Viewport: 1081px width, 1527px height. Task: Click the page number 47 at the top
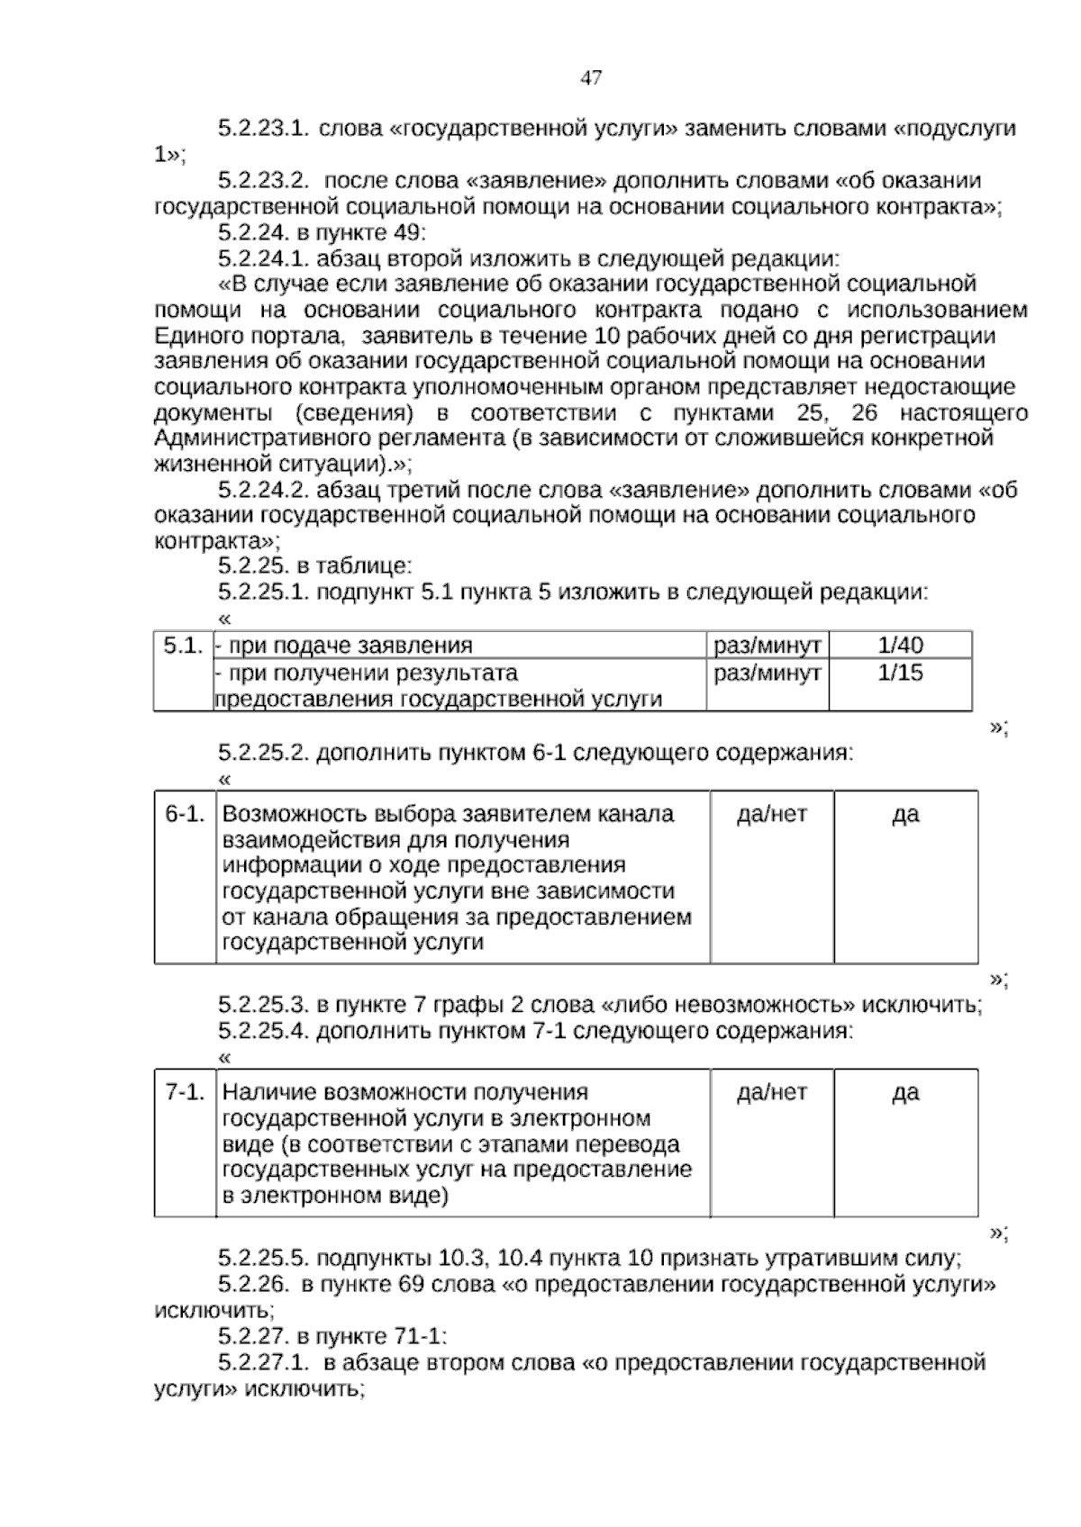(x=591, y=78)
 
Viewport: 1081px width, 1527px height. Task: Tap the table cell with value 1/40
(x=900, y=646)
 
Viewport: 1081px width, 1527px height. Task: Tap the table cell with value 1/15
(x=900, y=673)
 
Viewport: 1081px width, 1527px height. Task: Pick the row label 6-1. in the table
(x=185, y=814)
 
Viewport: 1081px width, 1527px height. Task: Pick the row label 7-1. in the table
(x=185, y=1092)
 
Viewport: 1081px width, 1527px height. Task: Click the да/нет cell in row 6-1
(x=772, y=814)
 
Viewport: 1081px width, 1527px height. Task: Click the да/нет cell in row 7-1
(x=772, y=1092)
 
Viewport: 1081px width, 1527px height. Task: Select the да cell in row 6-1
(x=905, y=814)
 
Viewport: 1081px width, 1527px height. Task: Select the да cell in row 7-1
(x=905, y=1092)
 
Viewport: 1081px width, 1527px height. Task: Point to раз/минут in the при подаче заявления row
(x=767, y=646)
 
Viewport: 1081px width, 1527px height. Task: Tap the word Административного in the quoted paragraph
(x=251, y=439)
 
